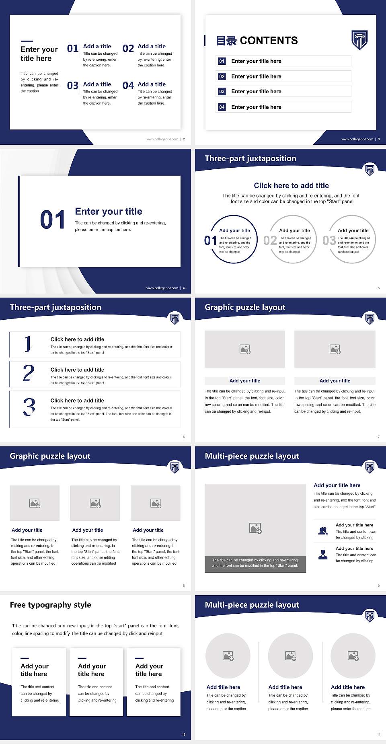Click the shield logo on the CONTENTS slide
point(359,40)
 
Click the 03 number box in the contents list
point(222,92)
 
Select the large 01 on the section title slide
point(53,220)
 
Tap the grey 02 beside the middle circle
point(270,240)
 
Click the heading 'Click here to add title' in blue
point(291,185)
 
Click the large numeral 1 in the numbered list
point(27,344)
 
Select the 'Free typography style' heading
point(50,605)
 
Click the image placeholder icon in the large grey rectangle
point(255,528)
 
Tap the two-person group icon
point(323,531)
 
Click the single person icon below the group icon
point(323,555)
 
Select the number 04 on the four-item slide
point(128,86)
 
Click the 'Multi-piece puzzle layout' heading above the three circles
point(252,605)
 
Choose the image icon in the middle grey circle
point(291,656)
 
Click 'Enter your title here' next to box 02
point(256,76)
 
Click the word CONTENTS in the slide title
point(269,41)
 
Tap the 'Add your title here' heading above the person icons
point(337,485)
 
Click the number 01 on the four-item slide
point(73,49)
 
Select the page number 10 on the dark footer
point(184,734)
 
